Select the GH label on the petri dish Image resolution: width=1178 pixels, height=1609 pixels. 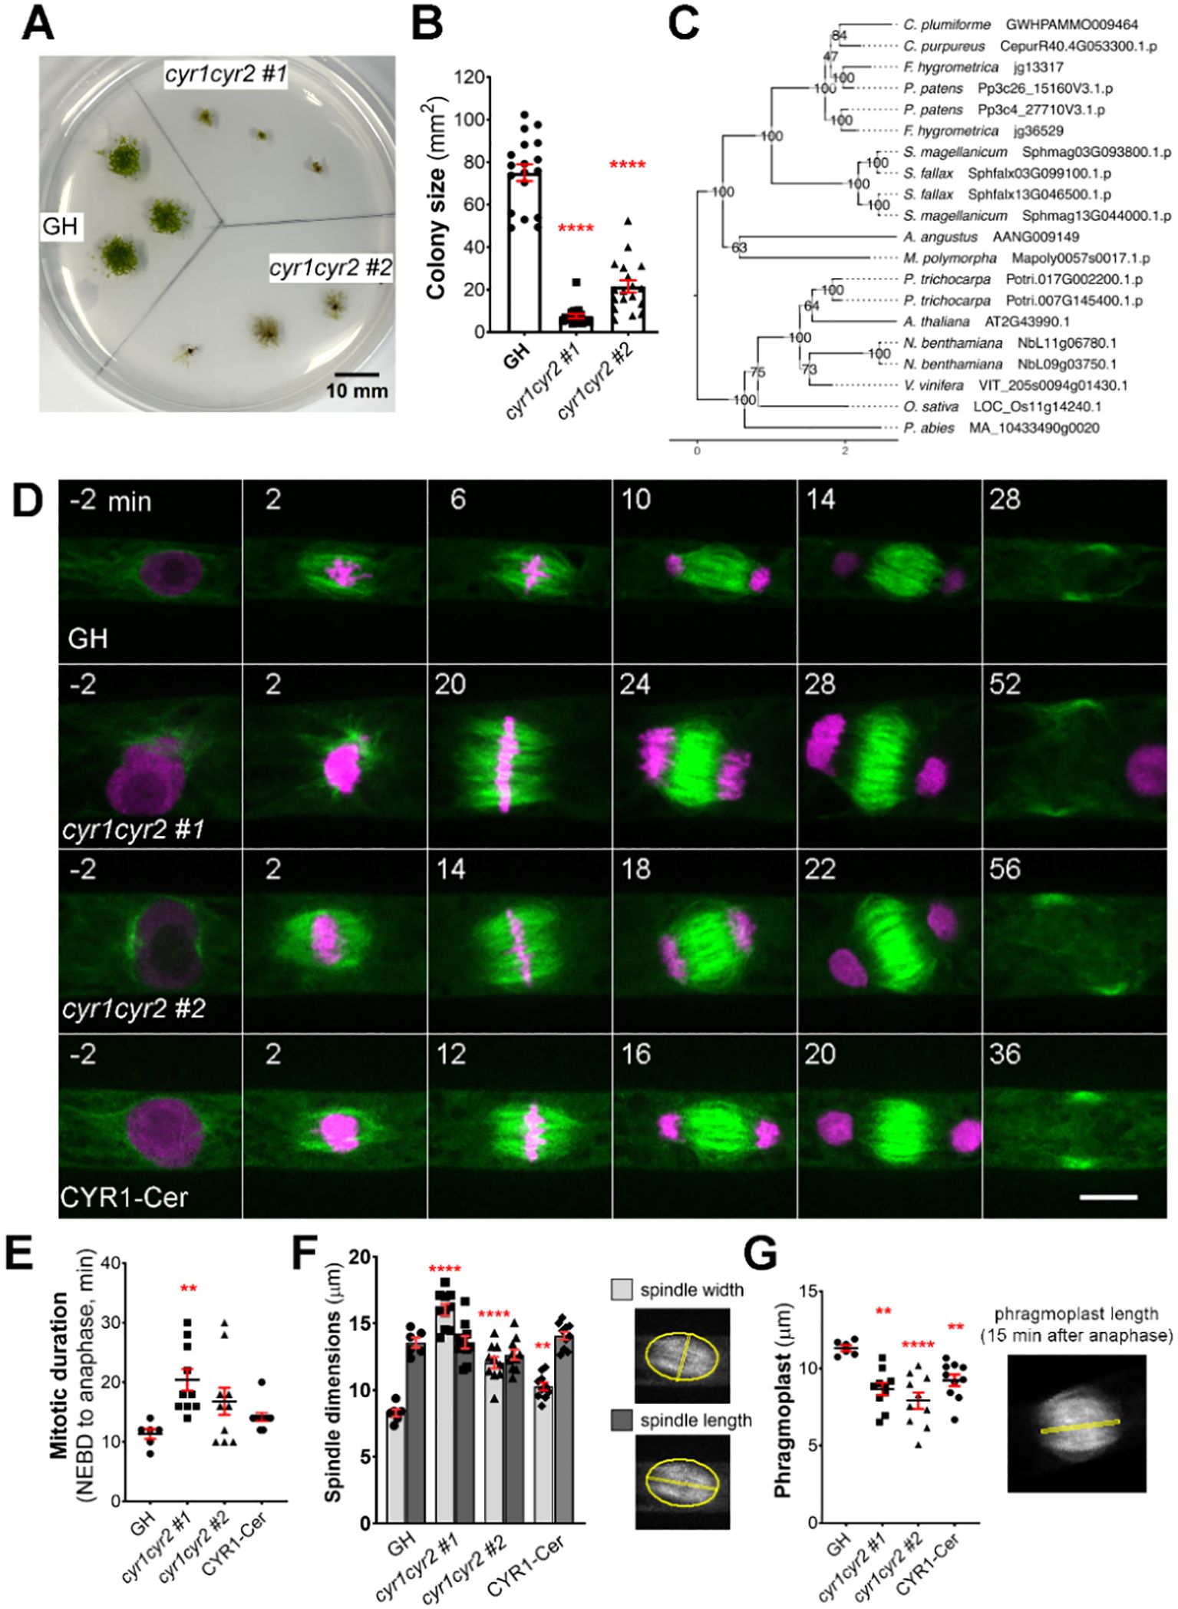[x=61, y=227]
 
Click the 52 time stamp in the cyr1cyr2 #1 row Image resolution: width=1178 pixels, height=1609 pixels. [x=1005, y=684]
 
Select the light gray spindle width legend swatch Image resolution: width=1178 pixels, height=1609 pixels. [x=623, y=1290]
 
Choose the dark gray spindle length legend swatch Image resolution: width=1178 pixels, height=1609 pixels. [x=623, y=1399]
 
